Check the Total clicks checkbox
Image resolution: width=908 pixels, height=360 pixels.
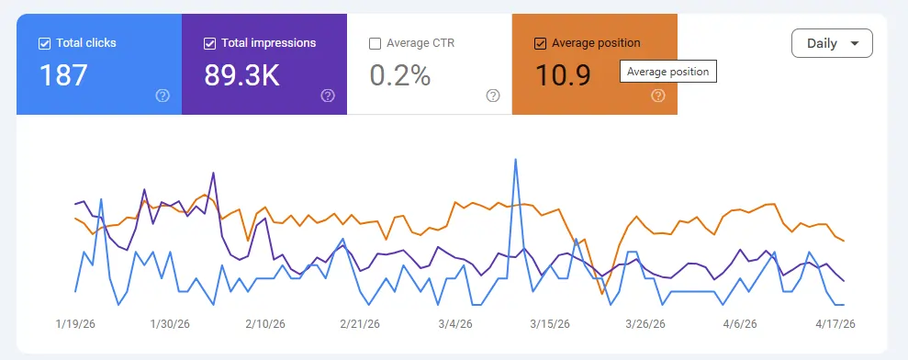click(44, 43)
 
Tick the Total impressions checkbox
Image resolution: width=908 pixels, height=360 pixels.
click(209, 43)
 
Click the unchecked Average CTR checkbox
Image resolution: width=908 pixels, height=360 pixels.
click(375, 43)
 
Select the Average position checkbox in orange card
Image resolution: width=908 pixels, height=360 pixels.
click(540, 43)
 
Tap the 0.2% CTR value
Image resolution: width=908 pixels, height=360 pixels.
click(399, 75)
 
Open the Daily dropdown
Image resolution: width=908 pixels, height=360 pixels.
click(832, 43)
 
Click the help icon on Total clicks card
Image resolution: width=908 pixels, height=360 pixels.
click(163, 96)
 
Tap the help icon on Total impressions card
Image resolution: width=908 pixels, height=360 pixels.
click(328, 96)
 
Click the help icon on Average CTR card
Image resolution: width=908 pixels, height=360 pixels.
click(493, 96)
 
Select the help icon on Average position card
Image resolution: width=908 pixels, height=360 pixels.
click(658, 96)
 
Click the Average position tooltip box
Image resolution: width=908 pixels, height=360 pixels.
click(667, 72)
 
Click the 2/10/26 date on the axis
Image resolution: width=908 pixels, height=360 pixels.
click(264, 324)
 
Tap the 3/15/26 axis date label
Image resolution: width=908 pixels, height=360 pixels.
click(551, 324)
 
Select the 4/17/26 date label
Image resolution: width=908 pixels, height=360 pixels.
click(836, 324)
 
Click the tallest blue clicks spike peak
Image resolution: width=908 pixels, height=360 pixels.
click(516, 159)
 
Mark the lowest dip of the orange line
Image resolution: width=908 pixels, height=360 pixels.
click(602, 294)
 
